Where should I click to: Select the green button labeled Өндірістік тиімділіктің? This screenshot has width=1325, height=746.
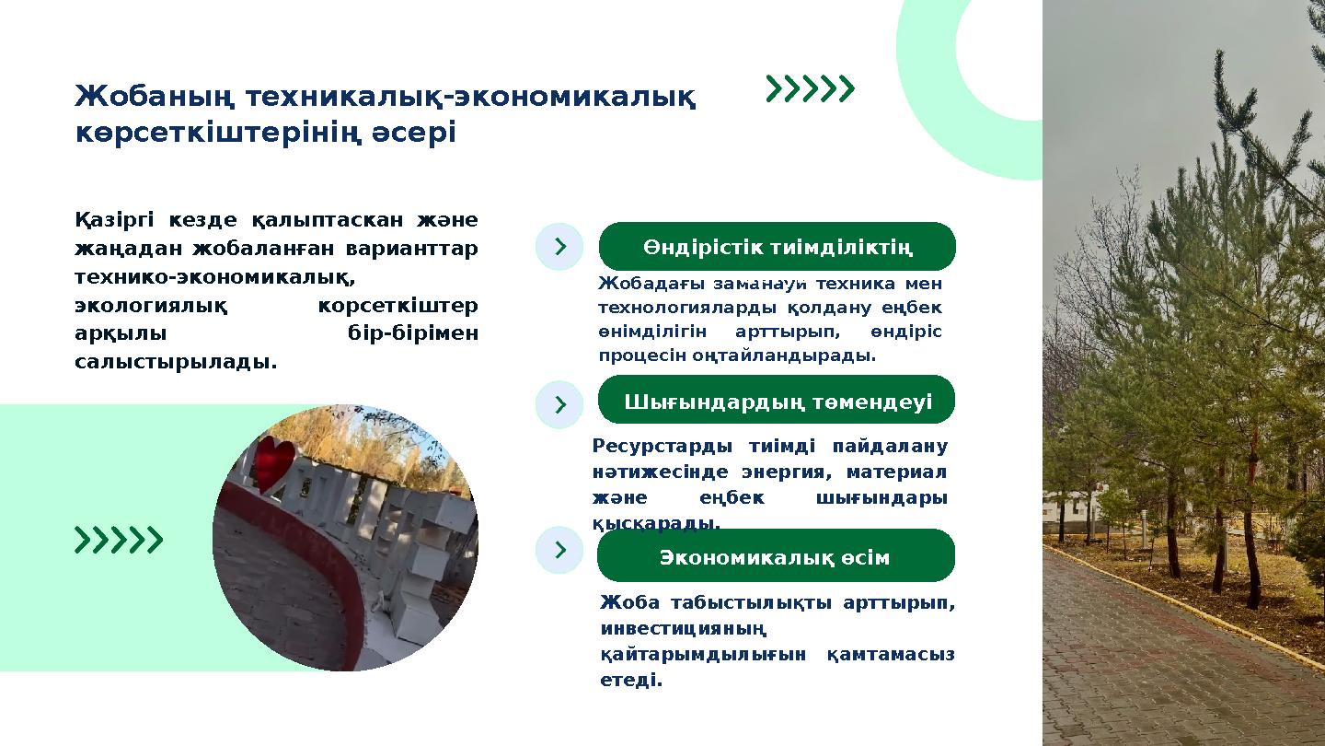pos(777,247)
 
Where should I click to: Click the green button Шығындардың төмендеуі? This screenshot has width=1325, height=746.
pos(777,402)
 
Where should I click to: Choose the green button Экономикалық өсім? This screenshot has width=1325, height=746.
pos(775,557)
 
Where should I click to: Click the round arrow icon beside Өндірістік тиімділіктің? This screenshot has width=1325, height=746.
pos(559,247)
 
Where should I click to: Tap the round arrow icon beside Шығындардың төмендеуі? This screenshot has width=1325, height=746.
pos(559,404)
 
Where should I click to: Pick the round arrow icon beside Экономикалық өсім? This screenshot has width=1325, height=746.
pos(559,550)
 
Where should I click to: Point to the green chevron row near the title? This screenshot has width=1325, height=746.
pos(811,88)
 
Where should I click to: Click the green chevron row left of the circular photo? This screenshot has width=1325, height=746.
pos(119,540)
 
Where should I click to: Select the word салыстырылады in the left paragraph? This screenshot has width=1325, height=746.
pos(175,362)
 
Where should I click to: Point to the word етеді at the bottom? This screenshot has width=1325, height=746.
pos(630,681)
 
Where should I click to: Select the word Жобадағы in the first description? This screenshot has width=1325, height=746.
pos(650,284)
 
